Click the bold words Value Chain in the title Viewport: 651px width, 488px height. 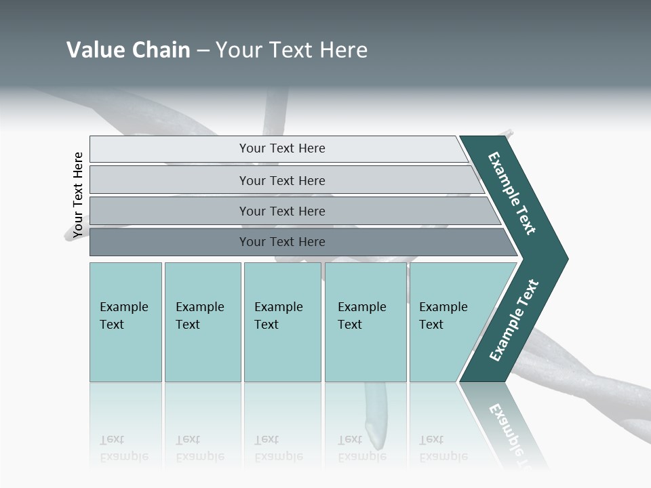[x=128, y=50]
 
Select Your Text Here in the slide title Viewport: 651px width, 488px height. [x=292, y=50]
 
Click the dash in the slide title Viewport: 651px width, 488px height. [x=203, y=51]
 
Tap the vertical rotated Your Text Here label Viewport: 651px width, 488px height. [x=78, y=195]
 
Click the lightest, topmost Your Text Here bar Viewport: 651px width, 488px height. [x=281, y=148]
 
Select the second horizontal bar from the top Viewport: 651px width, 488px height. [x=281, y=180]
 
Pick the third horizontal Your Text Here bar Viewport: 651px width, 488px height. [x=281, y=211]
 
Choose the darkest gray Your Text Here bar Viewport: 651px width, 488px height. [x=281, y=242]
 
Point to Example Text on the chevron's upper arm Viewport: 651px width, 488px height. [x=512, y=193]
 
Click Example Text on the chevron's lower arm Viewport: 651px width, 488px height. [x=514, y=320]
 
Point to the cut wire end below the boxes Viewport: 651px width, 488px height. [x=373, y=431]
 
